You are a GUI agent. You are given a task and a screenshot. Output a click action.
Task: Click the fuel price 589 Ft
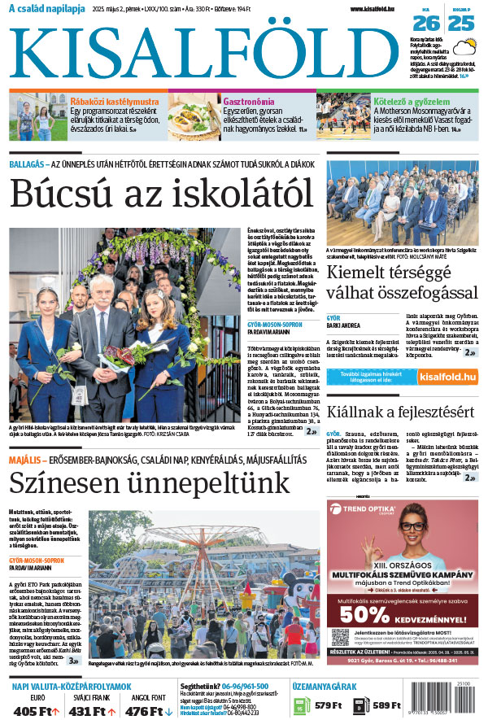(x=387, y=705)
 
